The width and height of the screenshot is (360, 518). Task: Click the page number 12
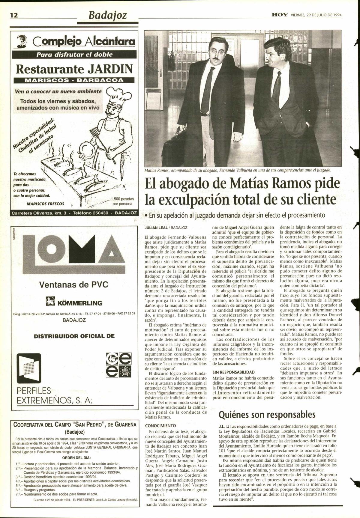coord(14,15)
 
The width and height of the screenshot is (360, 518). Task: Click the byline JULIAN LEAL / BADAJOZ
coord(166,228)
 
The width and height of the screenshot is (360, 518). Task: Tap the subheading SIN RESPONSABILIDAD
coord(233,372)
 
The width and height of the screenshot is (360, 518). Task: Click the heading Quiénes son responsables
coord(267,415)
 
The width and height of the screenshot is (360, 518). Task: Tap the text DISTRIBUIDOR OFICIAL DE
coord(74,336)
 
